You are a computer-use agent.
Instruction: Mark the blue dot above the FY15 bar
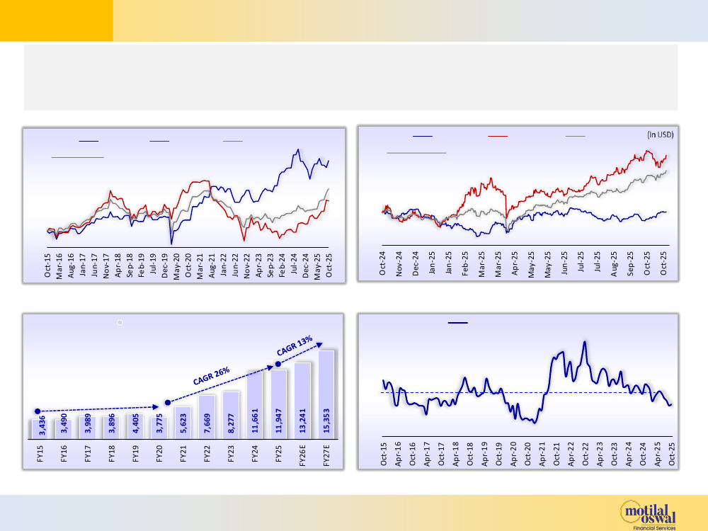click(x=38, y=411)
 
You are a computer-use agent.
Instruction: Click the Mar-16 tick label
click(x=60, y=265)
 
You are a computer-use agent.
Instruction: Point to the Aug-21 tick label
click(x=212, y=265)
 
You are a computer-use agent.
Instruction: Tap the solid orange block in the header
click(x=57, y=20)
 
